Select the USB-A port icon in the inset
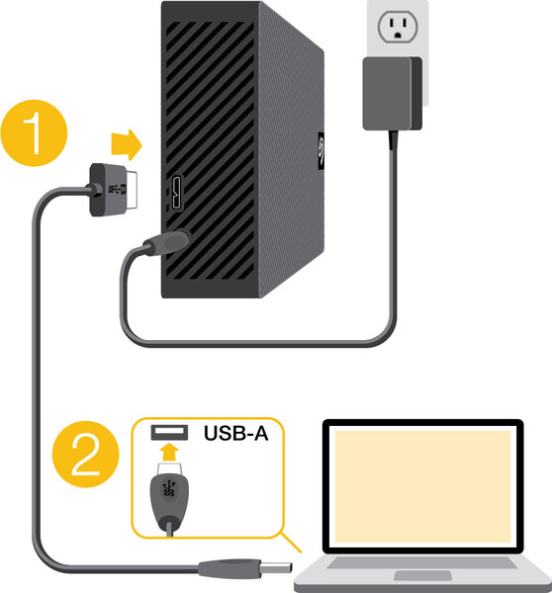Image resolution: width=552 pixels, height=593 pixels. tap(167, 432)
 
